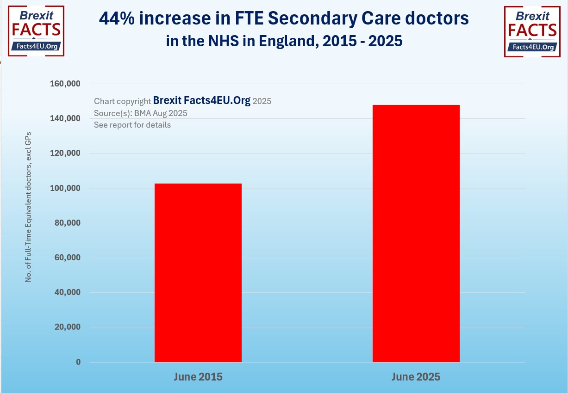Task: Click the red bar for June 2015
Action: tap(198, 273)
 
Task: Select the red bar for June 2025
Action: tap(416, 233)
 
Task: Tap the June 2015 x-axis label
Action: tap(198, 377)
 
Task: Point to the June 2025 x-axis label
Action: tap(416, 377)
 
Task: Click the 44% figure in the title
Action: tap(115, 19)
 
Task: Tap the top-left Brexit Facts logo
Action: tap(36, 31)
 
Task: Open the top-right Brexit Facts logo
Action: tap(531, 31)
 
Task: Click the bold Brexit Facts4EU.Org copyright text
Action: tap(201, 101)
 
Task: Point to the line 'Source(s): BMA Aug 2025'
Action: tap(140, 113)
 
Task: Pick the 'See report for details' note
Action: tap(132, 125)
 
